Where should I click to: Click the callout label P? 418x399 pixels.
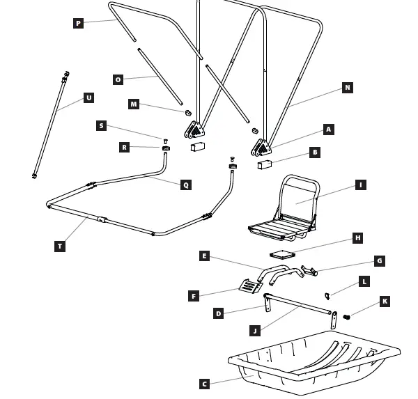click(78, 24)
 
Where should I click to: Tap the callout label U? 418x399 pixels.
click(88, 98)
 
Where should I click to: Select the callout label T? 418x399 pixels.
click(61, 246)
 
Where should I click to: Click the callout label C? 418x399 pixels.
click(204, 384)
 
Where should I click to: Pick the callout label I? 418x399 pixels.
click(360, 185)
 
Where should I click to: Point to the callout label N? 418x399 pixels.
click(347, 88)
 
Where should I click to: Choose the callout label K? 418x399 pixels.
click(385, 302)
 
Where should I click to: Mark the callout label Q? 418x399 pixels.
click(185, 185)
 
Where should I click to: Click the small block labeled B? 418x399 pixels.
click(263, 166)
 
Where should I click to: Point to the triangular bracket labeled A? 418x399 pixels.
click(262, 148)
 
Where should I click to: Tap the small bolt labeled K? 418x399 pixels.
click(346, 318)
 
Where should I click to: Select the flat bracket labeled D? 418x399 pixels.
click(268, 303)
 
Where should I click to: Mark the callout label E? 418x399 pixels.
click(204, 256)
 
